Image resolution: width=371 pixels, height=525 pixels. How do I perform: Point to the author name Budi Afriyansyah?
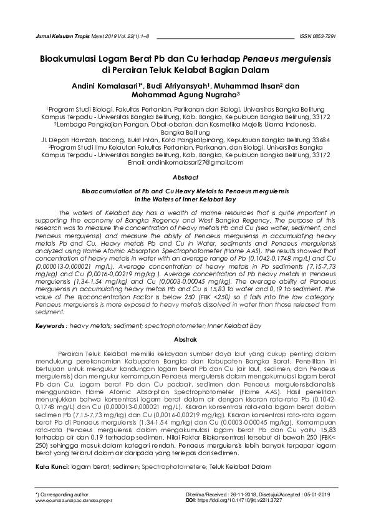(180, 86)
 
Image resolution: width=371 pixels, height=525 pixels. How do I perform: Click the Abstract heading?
(185, 178)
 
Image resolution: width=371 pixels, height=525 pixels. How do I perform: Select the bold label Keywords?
(51, 326)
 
